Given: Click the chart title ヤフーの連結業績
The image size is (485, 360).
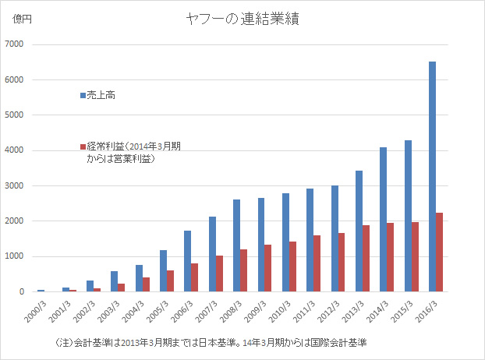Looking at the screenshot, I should click(242, 18).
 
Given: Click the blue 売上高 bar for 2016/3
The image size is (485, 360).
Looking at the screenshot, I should click(432, 176).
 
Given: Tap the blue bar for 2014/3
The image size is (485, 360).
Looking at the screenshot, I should click(383, 219).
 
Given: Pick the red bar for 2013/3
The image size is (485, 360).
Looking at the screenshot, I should click(366, 258).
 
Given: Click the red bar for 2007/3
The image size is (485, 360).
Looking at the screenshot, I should click(220, 274).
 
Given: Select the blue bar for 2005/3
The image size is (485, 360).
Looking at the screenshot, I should click(163, 270).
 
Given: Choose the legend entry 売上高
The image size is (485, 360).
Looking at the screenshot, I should click(102, 95).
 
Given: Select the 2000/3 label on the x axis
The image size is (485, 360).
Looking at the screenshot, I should click(34, 308).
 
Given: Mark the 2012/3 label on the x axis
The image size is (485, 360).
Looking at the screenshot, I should click(327, 308).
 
